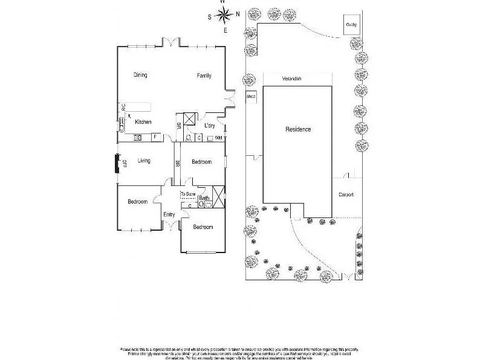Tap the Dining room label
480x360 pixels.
click(x=140, y=75)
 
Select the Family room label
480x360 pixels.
click(x=204, y=75)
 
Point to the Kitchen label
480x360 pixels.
click(x=143, y=122)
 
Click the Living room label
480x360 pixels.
click(x=144, y=161)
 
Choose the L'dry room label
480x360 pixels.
click(x=210, y=125)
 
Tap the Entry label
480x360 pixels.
click(x=169, y=214)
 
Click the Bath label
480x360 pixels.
click(x=204, y=198)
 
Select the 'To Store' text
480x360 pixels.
click(x=188, y=194)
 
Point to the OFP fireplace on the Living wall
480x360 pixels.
click(x=118, y=164)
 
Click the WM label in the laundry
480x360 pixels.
click(x=218, y=138)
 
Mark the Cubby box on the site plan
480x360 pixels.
click(x=351, y=24)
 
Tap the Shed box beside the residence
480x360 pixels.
click(x=251, y=96)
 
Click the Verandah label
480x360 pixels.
click(x=292, y=79)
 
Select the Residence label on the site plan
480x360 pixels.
click(x=298, y=129)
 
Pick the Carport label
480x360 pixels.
click(x=345, y=194)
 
